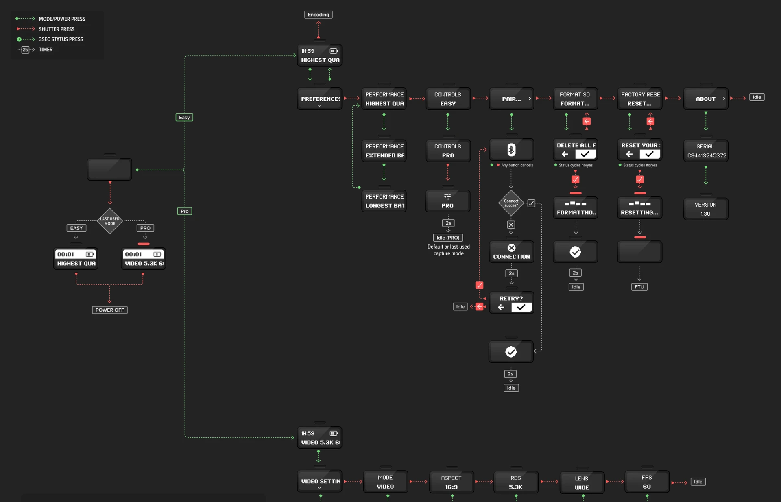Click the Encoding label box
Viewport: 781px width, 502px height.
point(318,15)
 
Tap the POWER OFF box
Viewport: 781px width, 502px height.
point(109,310)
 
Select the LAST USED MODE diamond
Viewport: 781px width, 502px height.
point(109,221)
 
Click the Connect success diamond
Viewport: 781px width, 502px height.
point(511,203)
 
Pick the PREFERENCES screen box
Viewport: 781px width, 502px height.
point(320,99)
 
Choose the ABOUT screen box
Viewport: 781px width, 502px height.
point(706,99)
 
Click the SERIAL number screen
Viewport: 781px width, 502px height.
point(706,151)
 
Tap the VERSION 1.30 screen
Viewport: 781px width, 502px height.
point(706,209)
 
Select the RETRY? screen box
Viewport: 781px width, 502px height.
point(511,303)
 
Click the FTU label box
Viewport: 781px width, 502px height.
point(639,287)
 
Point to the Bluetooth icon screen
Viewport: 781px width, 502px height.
point(511,150)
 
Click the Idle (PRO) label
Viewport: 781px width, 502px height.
point(448,238)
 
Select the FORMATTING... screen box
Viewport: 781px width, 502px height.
point(576,208)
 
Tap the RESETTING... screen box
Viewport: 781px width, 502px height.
point(640,208)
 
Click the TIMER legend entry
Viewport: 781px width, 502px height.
point(35,50)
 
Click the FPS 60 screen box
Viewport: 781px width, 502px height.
point(647,482)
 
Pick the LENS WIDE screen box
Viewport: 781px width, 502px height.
point(582,483)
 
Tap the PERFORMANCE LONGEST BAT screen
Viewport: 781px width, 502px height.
point(384,201)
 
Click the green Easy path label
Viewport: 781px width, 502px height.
point(184,118)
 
